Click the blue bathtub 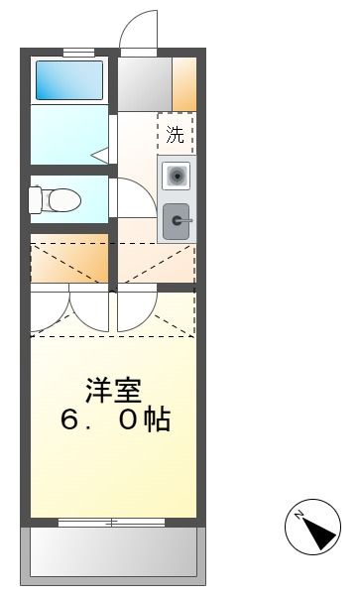69,80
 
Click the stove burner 177,177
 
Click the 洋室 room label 111,390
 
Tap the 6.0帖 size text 115,419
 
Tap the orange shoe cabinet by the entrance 184,84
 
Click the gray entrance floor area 145,84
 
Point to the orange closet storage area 69,260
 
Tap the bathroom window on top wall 77,52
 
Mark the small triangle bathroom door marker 100,155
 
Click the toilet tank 36,200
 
